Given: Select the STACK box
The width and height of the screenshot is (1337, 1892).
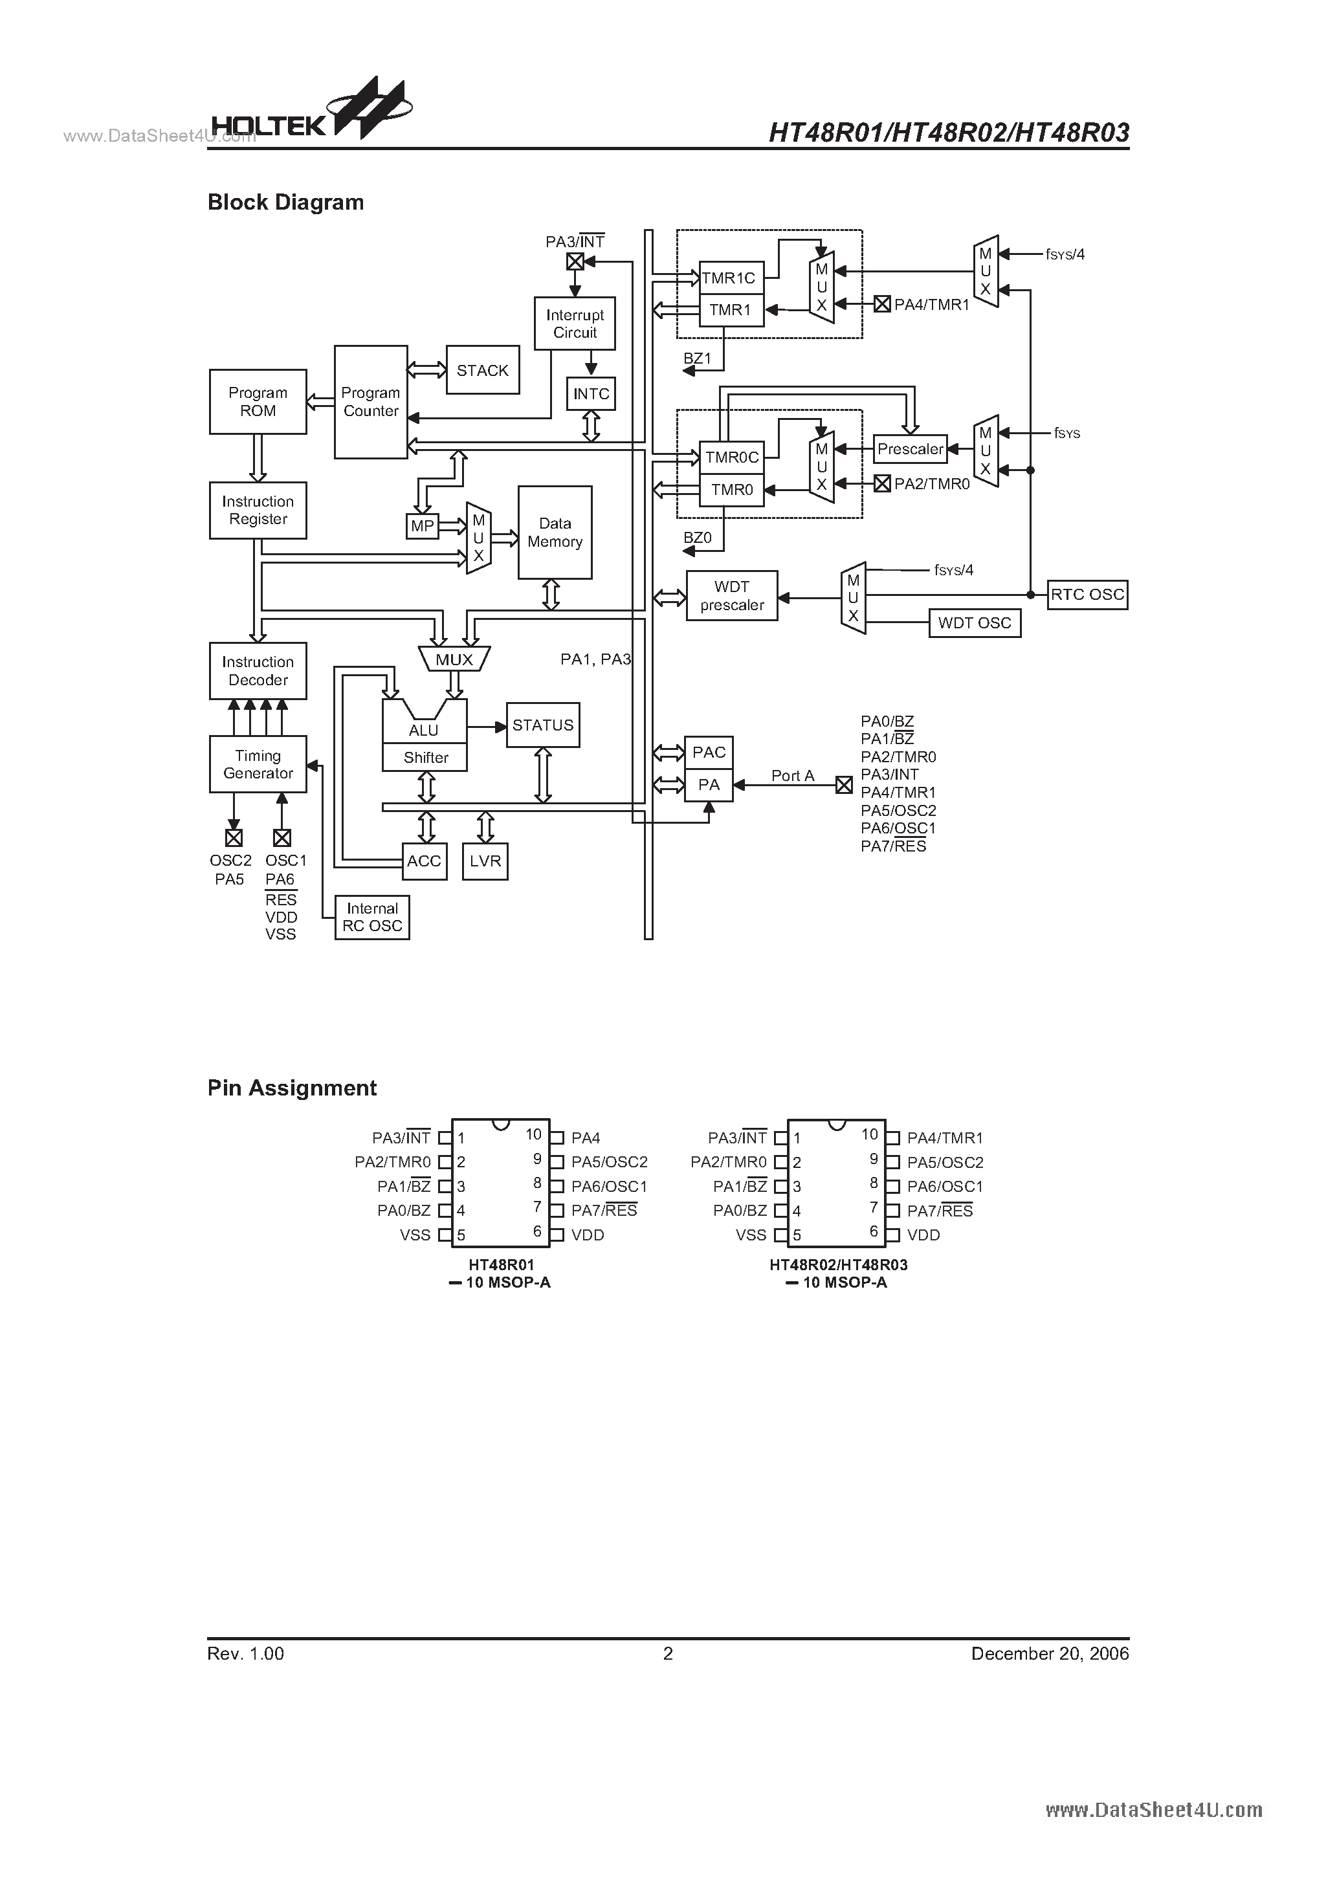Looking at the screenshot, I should point(482,370).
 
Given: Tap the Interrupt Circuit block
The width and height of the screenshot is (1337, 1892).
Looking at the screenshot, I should point(575,324).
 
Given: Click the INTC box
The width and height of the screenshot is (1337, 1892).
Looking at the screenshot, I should point(591,394).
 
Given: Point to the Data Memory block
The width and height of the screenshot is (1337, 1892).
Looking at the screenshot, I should point(555,533).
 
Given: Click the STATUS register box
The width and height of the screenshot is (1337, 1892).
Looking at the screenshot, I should point(542,725).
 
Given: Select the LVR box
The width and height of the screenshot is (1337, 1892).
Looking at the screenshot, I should point(485,861).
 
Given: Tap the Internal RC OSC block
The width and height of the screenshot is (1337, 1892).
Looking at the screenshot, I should point(371,917).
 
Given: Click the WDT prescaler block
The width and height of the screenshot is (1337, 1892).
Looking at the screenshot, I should point(731,596).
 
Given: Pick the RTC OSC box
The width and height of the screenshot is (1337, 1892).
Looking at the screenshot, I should point(1087,595).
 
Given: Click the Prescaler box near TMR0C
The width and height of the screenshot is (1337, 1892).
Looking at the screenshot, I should point(910,449).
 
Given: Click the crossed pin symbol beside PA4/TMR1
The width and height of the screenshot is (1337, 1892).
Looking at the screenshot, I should point(882,304).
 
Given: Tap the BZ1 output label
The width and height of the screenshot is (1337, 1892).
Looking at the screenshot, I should point(696,358).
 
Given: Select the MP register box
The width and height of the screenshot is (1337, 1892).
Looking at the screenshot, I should point(422,526).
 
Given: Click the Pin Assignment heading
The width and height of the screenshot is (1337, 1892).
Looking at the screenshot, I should point(292,1088).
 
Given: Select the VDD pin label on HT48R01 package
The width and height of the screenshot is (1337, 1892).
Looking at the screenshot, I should point(588,1235).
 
